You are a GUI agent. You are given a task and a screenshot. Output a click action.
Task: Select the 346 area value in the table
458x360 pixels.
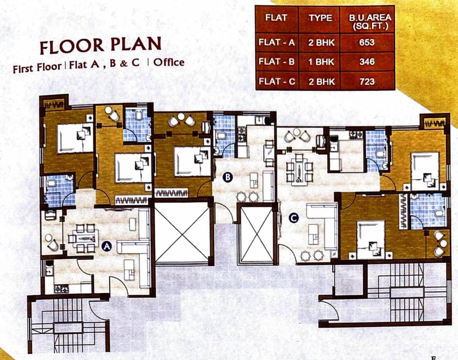[x=367, y=62]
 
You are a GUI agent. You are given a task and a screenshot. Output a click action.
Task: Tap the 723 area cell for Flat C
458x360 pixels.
[x=367, y=81]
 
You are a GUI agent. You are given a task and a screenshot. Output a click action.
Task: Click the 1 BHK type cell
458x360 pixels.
[x=321, y=62]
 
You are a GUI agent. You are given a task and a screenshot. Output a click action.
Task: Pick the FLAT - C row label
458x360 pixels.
[x=276, y=81]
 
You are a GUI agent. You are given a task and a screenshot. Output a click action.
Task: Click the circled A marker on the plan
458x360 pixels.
[x=106, y=245]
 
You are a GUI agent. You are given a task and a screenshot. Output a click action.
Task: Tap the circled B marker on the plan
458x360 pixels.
[x=228, y=177]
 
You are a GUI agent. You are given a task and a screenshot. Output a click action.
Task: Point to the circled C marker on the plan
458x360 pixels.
[x=293, y=218]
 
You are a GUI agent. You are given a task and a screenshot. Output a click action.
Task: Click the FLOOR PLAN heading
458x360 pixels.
[x=100, y=46]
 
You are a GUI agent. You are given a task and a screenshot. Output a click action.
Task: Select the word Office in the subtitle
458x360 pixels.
[x=169, y=63]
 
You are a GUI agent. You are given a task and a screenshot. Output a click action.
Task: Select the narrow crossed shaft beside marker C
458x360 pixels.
[x=256, y=234]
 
